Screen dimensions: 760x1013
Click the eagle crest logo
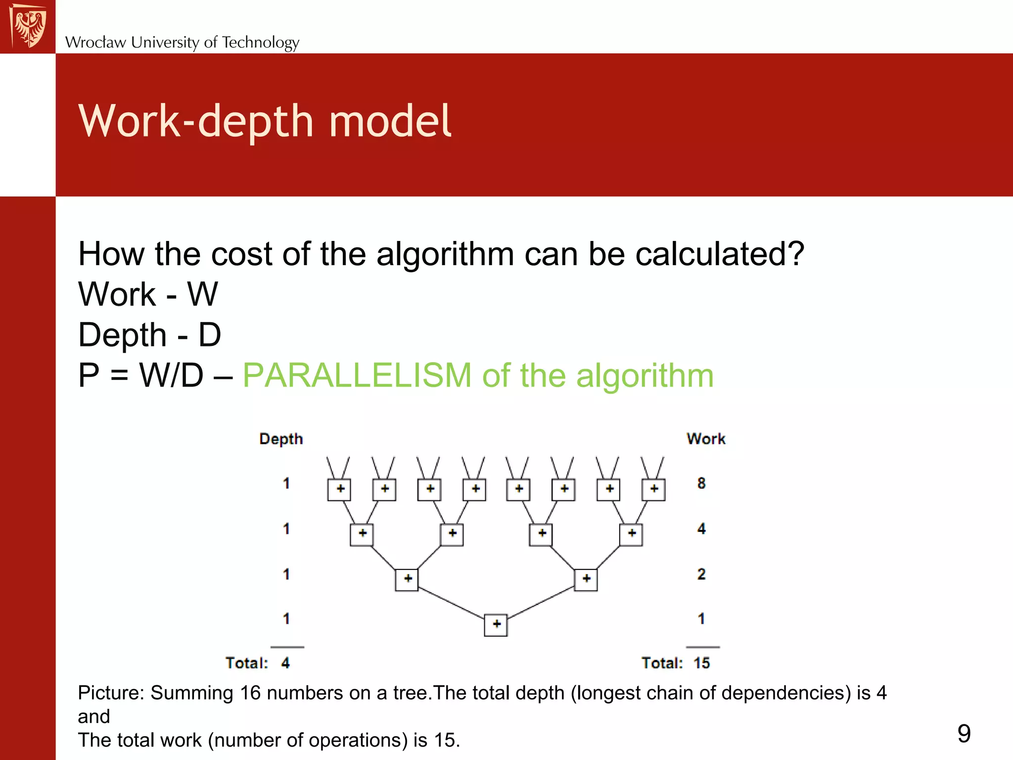coord(28,26)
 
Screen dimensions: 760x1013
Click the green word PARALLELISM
coord(357,375)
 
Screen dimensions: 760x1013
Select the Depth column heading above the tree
coord(281,439)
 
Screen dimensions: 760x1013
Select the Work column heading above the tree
coord(706,439)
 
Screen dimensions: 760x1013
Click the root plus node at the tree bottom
coord(496,624)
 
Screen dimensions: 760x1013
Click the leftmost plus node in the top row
coord(339,489)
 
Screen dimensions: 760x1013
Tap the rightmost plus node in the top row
coord(653,489)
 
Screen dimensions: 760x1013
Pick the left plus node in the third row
coord(407,579)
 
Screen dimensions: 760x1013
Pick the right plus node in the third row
coord(586,579)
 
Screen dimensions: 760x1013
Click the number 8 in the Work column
coord(701,483)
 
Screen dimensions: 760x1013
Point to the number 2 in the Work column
coord(701,574)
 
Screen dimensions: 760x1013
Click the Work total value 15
coord(701,663)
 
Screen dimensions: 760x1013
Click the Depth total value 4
coord(285,663)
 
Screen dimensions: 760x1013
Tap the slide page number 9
coord(964,733)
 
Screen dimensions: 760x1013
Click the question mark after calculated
coord(795,254)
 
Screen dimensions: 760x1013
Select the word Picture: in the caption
coord(111,693)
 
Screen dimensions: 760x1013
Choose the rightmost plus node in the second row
coord(631,534)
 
